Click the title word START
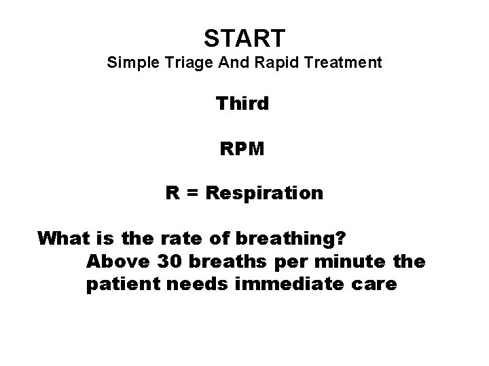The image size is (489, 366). pos(244,35)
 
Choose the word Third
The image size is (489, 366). pos(242,104)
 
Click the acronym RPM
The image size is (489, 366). pos(243,148)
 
